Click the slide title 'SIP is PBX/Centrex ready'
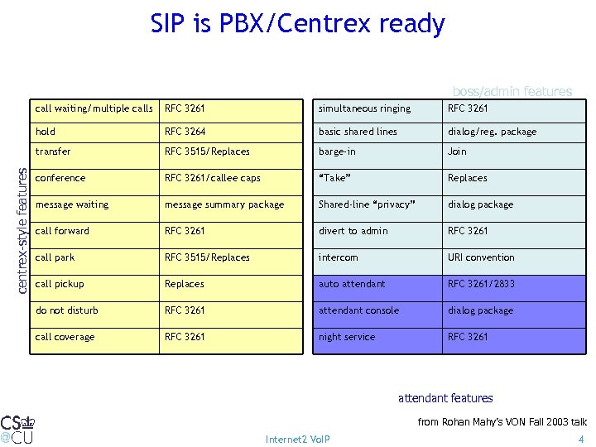point(297,24)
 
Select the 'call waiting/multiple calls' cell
point(94,108)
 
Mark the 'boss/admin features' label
point(512,91)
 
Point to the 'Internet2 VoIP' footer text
point(297,439)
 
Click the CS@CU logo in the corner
point(17,429)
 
